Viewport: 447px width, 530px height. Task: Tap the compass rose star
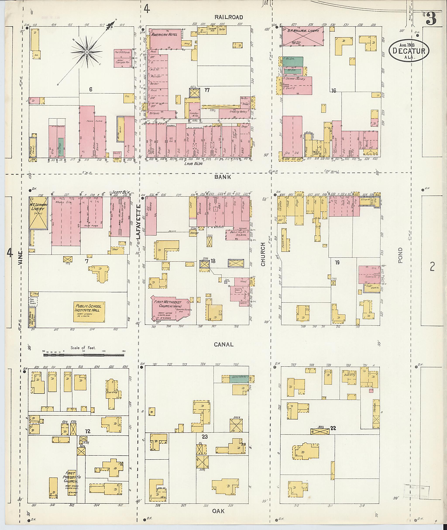click(x=86, y=52)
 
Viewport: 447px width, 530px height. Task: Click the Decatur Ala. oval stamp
click(x=409, y=50)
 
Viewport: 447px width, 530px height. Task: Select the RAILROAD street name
click(x=229, y=17)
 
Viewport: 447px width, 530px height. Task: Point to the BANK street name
click(x=223, y=177)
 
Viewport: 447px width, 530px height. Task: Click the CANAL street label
click(x=223, y=344)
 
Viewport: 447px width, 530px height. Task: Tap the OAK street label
click(x=218, y=511)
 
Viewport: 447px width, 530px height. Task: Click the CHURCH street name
click(x=263, y=254)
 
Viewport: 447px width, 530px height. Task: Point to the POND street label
click(x=400, y=255)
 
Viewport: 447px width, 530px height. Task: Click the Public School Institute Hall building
click(x=89, y=311)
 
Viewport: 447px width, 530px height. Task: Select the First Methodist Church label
click(x=167, y=304)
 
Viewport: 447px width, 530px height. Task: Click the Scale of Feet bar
click(x=84, y=355)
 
